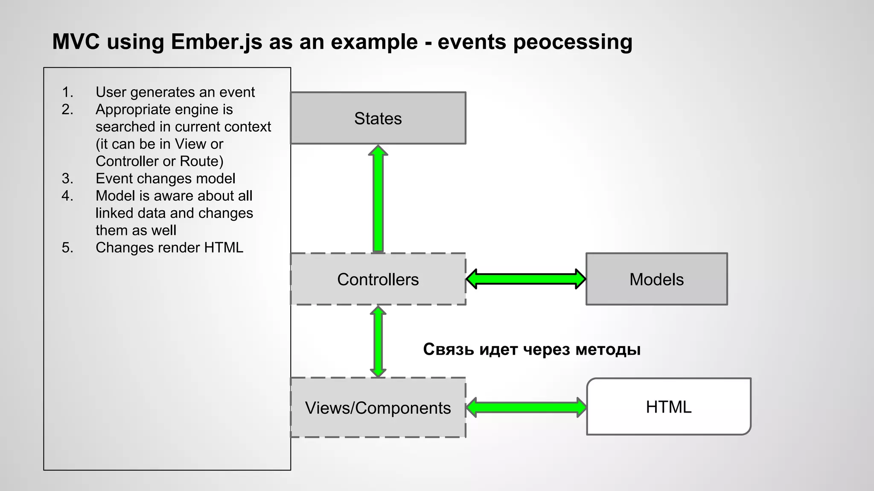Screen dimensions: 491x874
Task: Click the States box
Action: tap(378, 118)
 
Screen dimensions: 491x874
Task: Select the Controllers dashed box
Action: tap(378, 279)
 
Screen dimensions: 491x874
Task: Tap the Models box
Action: tap(656, 279)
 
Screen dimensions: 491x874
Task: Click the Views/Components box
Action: tap(378, 407)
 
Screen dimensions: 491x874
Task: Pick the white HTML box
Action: tap(668, 407)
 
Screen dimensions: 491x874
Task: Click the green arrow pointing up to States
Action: tap(378, 199)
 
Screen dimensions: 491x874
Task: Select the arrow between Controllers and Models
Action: tap(526, 279)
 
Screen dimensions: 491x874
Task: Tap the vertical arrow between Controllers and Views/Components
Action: tap(378, 341)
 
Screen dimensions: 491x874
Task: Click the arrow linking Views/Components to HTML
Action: tap(526, 407)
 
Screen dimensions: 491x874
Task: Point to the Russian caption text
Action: tap(532, 349)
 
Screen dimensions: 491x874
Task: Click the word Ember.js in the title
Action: tap(216, 42)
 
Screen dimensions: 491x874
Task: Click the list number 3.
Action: tap(67, 178)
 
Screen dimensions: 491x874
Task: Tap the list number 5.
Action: tap(67, 247)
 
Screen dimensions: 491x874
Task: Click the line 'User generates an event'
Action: tap(175, 92)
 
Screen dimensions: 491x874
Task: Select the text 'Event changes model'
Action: tap(165, 178)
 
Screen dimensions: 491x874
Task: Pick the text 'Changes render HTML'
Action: tap(169, 247)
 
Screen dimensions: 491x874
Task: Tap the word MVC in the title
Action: tap(76, 42)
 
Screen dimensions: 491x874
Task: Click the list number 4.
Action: tap(67, 196)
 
